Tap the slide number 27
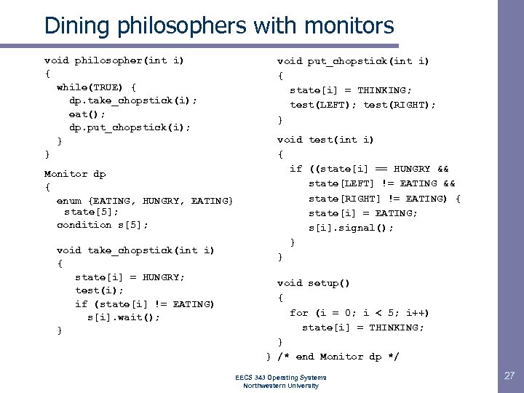coord(509,376)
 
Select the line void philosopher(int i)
coord(114,60)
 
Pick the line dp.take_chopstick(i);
coord(132,100)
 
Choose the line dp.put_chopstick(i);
coord(130,127)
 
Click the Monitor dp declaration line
coord(75,174)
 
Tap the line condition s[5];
coord(103,224)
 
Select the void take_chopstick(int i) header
coord(135,250)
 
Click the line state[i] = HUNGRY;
coord(130,277)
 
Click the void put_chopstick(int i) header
coord(353,61)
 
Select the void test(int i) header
coord(325,140)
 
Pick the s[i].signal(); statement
coord(351,227)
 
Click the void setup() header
coord(313,283)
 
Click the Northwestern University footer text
coord(281,386)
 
